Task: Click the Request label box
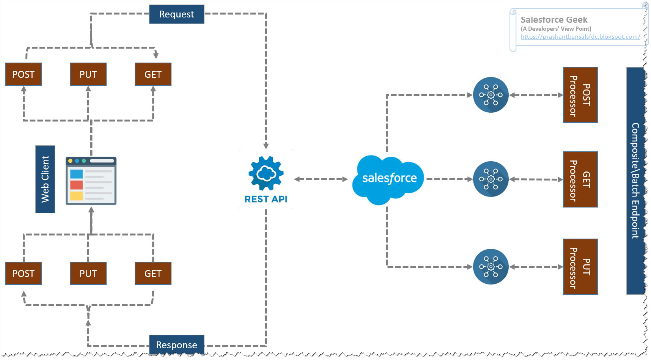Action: (176, 14)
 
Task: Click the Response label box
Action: (176, 345)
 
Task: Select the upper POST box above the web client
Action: (23, 74)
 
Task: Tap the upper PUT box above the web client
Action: (88, 74)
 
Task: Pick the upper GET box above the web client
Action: (153, 74)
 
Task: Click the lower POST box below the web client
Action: (23, 274)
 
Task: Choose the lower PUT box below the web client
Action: (88, 274)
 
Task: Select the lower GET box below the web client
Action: (153, 274)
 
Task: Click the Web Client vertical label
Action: (45, 179)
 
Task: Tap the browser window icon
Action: (91, 181)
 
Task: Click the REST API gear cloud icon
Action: (266, 173)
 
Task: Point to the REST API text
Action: (266, 199)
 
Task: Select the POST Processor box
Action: (580, 95)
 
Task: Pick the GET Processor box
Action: (580, 179)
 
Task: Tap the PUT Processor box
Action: (580, 267)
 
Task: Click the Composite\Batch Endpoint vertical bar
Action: (635, 181)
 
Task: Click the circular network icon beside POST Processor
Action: (491, 95)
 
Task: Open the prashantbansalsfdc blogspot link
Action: (580, 37)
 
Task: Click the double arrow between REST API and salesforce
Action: (321, 179)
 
